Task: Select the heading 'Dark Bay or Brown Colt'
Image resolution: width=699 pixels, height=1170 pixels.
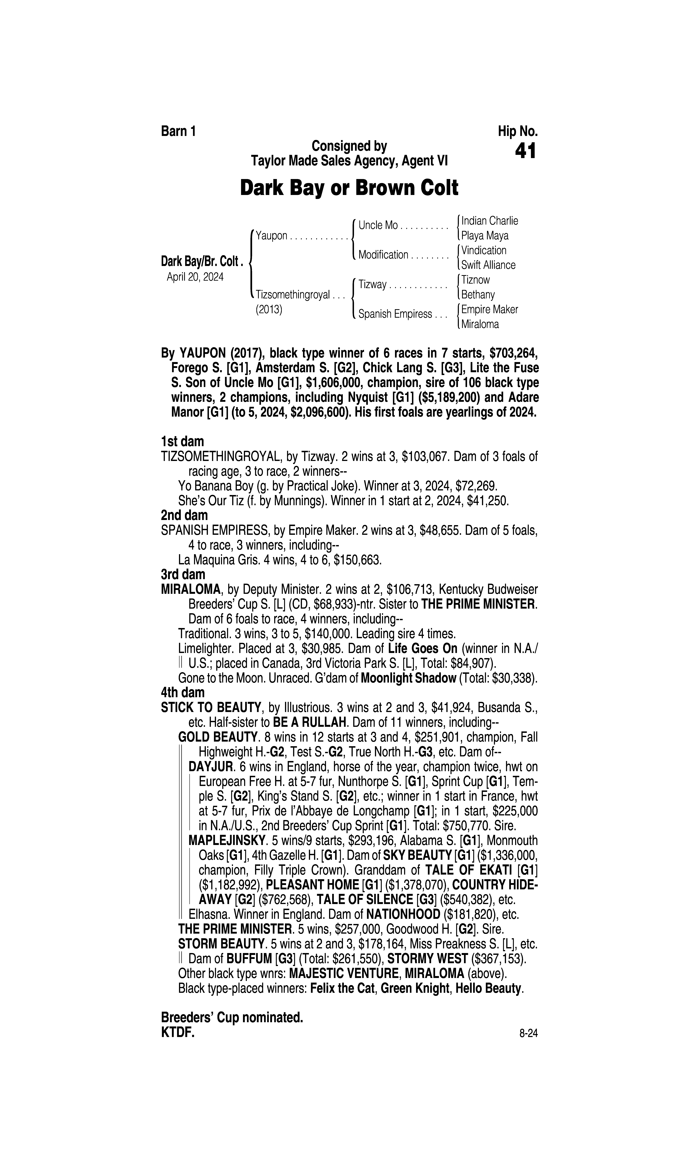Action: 349,188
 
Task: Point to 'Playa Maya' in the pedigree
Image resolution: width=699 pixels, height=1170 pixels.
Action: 485,236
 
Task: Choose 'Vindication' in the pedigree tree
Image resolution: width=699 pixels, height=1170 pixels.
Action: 484,250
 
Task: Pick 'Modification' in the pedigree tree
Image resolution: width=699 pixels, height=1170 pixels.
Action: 383,255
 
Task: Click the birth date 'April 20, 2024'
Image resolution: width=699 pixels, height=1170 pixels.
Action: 195,277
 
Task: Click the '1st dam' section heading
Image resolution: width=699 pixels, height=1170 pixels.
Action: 182,442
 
